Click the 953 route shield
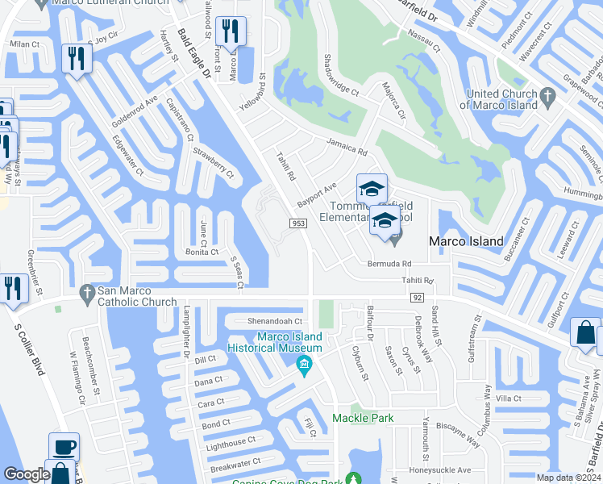(x=297, y=223)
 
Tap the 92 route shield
(x=417, y=298)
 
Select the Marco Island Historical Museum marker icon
(x=304, y=365)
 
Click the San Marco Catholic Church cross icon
(x=86, y=295)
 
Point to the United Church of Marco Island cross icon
(x=547, y=98)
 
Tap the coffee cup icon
(x=64, y=448)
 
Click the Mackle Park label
(x=363, y=418)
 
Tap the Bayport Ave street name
(x=316, y=194)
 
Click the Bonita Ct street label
(x=203, y=252)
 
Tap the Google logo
(x=27, y=474)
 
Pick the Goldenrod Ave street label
(x=135, y=113)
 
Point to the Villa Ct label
(x=509, y=398)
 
